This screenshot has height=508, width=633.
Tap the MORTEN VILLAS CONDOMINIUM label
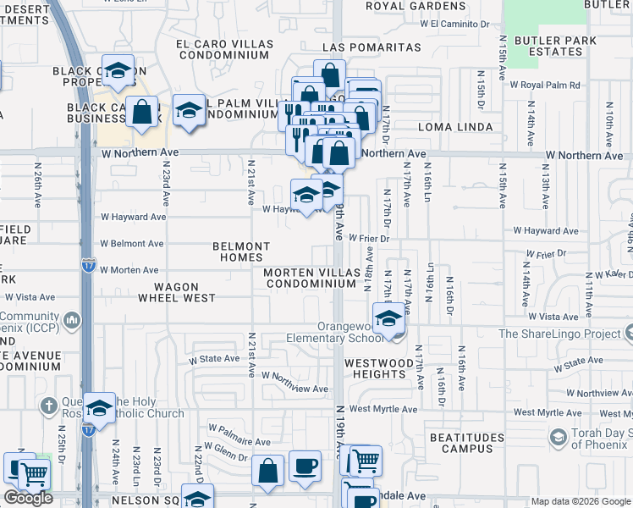click(x=310, y=279)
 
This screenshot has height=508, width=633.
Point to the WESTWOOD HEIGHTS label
click(x=376, y=367)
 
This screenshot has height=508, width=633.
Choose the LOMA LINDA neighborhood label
click(x=455, y=127)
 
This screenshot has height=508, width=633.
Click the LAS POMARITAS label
click(x=371, y=47)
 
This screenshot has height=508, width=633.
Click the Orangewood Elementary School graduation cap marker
click(x=388, y=319)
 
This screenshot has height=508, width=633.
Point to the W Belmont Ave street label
click(x=131, y=244)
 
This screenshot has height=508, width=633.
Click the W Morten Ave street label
click(x=129, y=270)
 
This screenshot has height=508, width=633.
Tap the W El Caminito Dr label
click(x=460, y=24)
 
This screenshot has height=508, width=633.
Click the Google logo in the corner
click(x=28, y=498)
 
